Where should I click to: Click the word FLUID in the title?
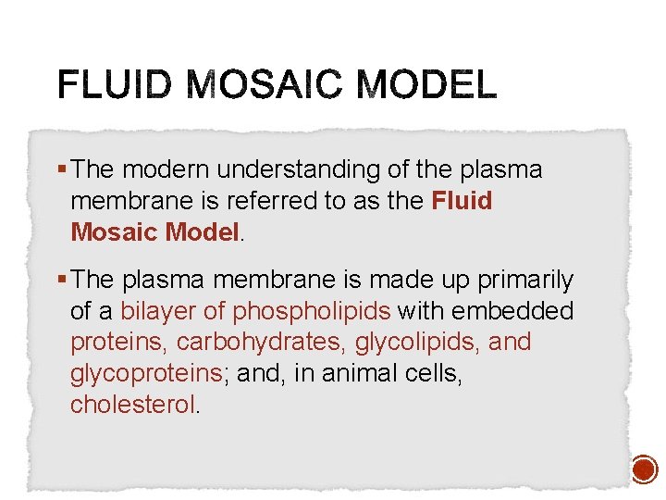pos(112,86)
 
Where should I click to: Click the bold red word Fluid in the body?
pos(462,201)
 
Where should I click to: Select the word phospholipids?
pos(312,311)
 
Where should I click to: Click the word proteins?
pos(117,342)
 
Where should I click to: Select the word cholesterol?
pos(133,404)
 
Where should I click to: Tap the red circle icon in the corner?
pos(644,470)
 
